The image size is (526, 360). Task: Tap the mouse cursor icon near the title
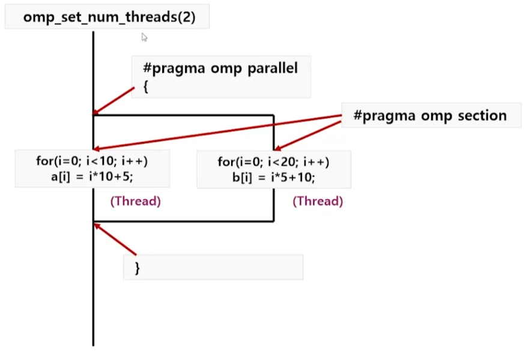(x=144, y=37)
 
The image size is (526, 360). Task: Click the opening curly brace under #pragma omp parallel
(x=146, y=86)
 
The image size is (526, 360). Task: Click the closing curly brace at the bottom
(x=138, y=268)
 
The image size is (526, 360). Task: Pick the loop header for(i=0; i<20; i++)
(x=273, y=161)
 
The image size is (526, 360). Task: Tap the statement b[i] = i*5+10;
(x=273, y=178)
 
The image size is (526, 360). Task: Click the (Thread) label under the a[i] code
(x=135, y=201)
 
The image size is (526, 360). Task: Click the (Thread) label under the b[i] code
(x=318, y=201)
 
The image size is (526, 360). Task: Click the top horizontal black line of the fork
(x=183, y=115)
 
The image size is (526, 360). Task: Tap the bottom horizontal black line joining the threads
(x=183, y=221)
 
